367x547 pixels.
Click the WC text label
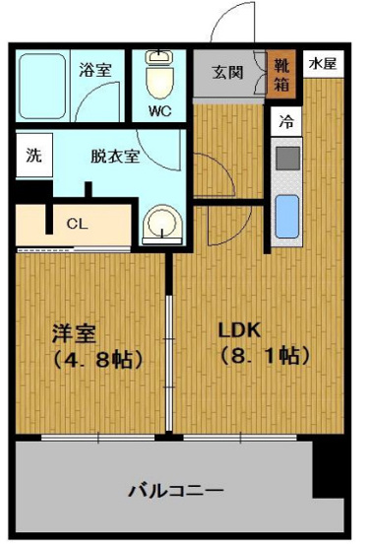coord(159,110)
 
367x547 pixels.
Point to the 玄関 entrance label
coord(228,71)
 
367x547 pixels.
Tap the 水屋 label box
coord(321,63)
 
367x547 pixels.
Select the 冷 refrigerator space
coord(286,123)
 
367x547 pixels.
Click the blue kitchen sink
coord(286,215)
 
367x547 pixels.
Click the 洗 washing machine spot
coord(33,155)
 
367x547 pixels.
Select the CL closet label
coord(76,223)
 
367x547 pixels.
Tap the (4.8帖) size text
coord(92,359)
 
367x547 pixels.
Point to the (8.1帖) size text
coord(258,356)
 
